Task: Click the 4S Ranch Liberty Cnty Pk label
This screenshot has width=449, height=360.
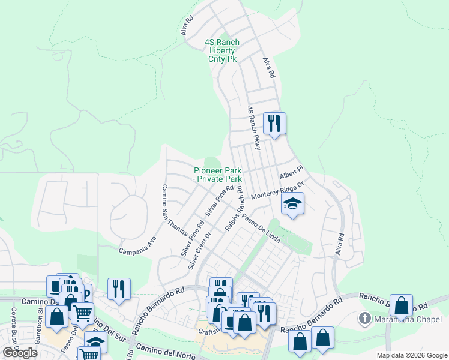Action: tap(221, 51)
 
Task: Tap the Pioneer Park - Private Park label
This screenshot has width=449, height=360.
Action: tap(217, 175)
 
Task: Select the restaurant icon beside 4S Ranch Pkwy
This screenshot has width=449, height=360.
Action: tap(275, 124)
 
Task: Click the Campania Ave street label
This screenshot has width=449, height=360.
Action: tap(137, 248)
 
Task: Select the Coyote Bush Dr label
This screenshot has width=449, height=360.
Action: tap(13, 323)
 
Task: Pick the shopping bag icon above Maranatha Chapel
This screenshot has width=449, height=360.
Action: tap(401, 305)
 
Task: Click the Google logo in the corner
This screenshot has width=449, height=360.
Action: tap(20, 352)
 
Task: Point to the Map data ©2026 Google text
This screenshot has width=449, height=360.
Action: tap(411, 355)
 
